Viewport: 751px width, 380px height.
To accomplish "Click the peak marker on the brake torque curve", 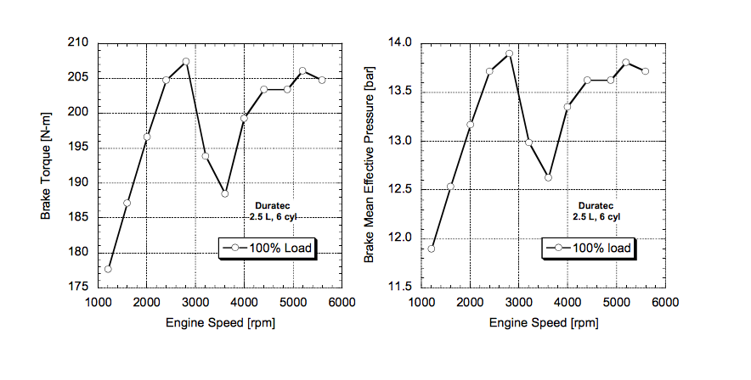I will [186, 62].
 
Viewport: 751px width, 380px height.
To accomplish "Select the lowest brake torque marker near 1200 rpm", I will [108, 269].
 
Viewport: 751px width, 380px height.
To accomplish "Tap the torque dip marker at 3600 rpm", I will [225, 193].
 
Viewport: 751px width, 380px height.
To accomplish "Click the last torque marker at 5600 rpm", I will [322, 80].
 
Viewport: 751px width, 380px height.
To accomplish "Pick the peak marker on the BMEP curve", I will [509, 53].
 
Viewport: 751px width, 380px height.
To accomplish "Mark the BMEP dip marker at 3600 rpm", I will [548, 177].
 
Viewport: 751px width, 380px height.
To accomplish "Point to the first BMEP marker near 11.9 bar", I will [432, 249].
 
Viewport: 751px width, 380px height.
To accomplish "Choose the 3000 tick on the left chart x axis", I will [195, 302].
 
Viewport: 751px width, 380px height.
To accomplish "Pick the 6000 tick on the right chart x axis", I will [665, 302].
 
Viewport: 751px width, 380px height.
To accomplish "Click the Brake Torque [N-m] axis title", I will [48, 165].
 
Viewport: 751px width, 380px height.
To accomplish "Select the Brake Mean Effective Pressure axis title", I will [370, 165].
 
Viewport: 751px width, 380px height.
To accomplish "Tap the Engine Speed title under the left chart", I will [221, 322].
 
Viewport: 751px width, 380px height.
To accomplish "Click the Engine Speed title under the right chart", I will [544, 322].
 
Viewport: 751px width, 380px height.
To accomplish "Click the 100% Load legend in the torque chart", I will [269, 248].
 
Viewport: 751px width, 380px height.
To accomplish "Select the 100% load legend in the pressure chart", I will [590, 248].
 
